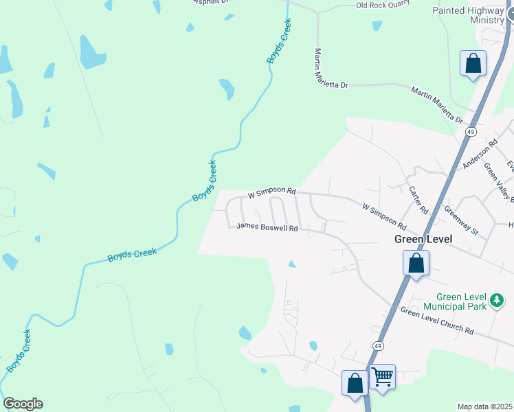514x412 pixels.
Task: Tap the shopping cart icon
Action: click(382, 376)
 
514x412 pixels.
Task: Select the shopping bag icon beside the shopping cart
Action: click(355, 382)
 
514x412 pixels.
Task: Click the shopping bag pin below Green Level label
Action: click(416, 263)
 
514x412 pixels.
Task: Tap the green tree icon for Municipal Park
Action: click(496, 301)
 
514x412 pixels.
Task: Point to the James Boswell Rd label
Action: click(267, 228)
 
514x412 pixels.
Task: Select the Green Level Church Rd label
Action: click(437, 321)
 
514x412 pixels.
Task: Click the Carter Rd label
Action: click(418, 199)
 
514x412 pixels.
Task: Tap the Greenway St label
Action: click(461, 221)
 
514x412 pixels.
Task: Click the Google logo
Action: click(23, 404)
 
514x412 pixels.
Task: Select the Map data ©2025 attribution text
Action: click(484, 407)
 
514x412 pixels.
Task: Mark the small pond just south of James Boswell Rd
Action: click(292, 264)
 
